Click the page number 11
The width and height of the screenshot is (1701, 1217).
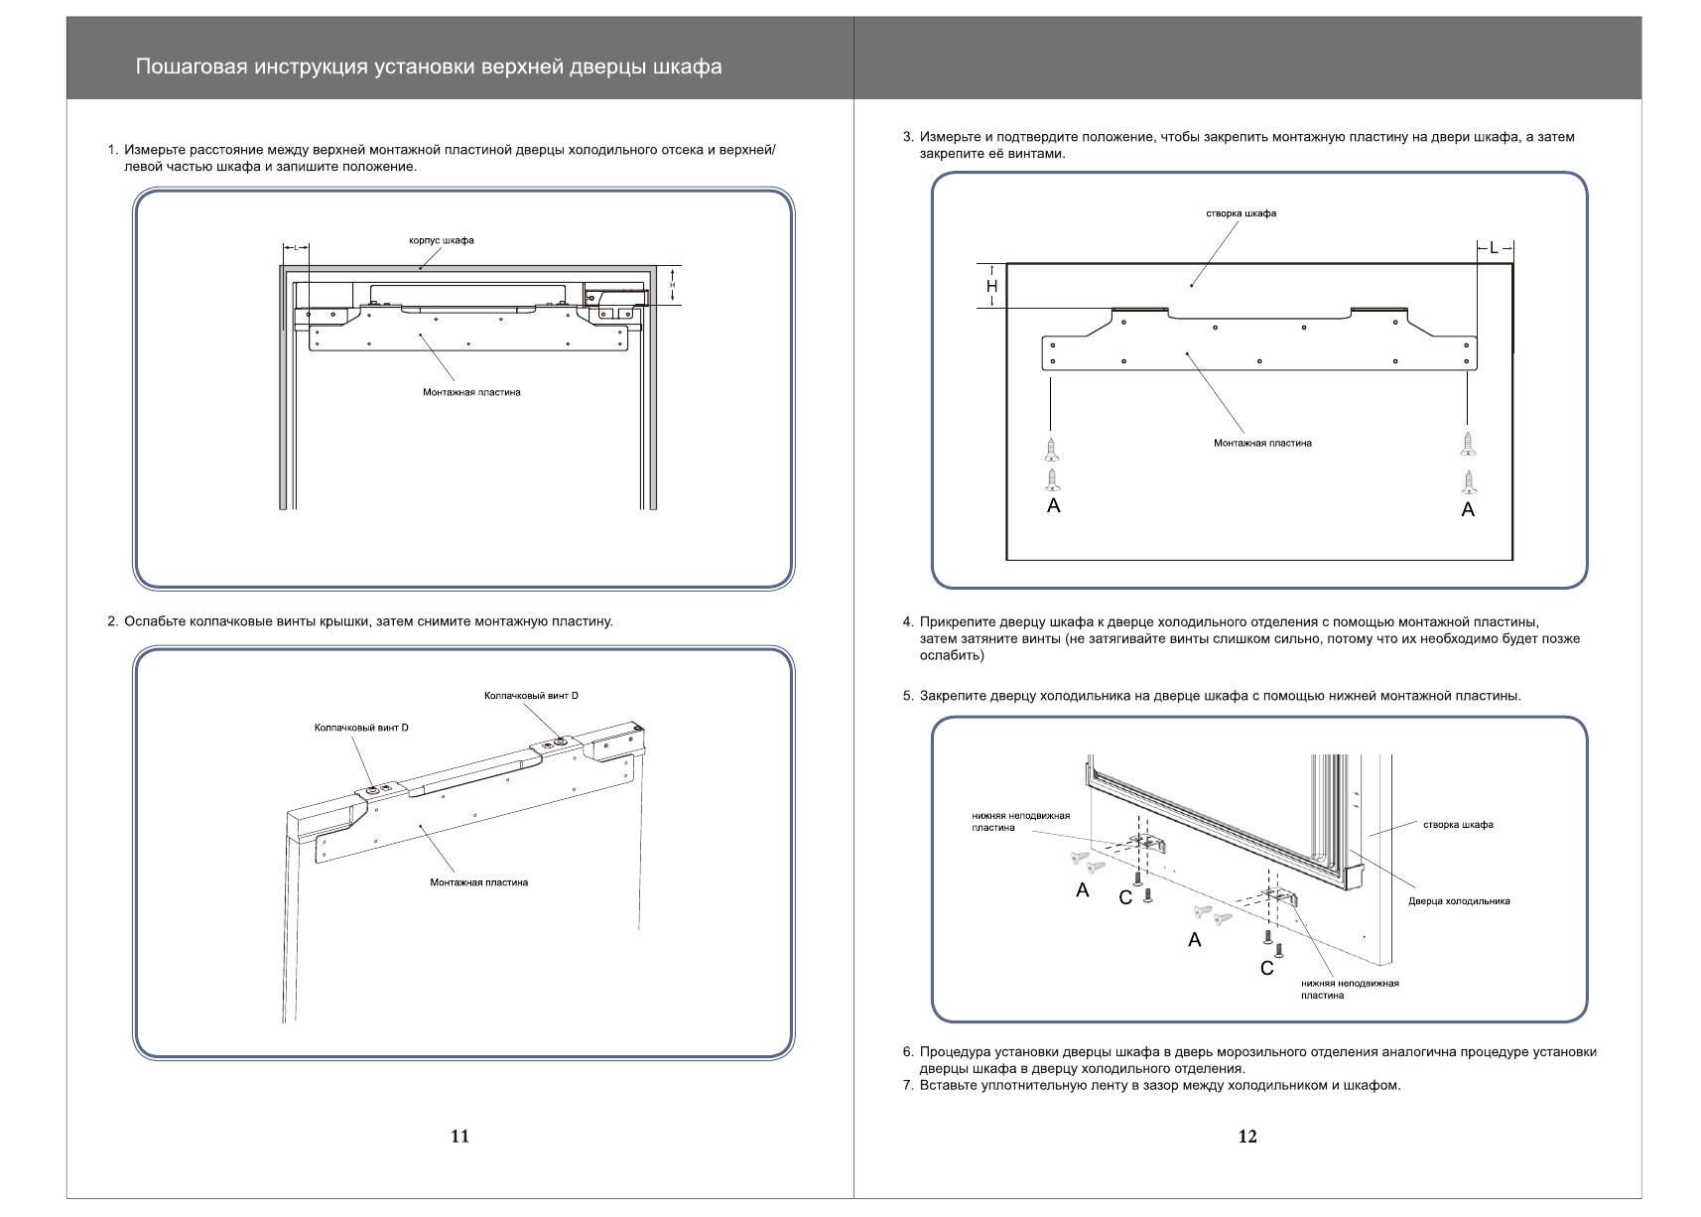pos(459,1137)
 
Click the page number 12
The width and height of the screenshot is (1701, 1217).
pos(1247,1137)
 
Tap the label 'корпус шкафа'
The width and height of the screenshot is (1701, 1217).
pos(442,240)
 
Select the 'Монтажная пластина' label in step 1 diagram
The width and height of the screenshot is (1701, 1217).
pos(471,392)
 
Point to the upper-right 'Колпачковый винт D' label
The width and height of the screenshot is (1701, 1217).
pos(531,696)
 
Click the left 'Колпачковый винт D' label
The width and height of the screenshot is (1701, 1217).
pos(361,728)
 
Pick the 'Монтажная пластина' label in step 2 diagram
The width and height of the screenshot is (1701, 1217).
pos(478,882)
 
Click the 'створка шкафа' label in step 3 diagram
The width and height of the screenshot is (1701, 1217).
pos(1241,213)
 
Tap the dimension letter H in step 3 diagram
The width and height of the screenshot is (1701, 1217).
pos(991,287)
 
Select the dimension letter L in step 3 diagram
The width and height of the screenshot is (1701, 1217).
pos(1494,248)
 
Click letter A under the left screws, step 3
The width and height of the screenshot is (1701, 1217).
pos(1054,506)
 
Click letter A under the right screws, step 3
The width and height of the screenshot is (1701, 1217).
pos(1468,510)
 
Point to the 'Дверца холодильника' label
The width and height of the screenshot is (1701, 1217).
pos(1459,901)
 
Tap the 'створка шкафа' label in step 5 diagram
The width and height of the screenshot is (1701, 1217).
pos(1458,825)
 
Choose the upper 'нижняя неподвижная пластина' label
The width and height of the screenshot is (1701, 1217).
pos(1020,821)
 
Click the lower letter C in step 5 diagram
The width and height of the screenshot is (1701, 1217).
pos(1266,968)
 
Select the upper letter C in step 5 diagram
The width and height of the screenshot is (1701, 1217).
pos(1125,898)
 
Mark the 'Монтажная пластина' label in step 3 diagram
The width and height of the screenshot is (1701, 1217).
pos(1262,443)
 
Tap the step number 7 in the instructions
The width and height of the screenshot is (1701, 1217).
pos(907,1085)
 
